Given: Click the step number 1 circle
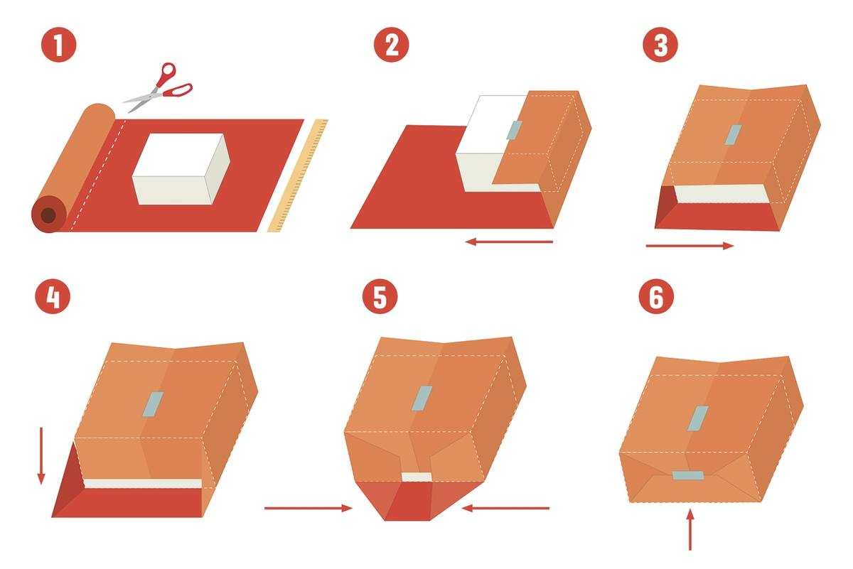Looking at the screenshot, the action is [58, 45].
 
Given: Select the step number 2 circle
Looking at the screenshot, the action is [391, 45].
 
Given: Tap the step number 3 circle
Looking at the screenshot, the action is [660, 45].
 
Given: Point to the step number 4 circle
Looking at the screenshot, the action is [53, 296].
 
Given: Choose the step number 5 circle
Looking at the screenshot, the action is [380, 296].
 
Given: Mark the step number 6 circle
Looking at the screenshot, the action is [656, 296].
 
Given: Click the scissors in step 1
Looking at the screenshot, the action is [158, 87].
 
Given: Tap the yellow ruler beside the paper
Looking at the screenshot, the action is [297, 175].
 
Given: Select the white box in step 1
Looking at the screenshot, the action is [181, 169].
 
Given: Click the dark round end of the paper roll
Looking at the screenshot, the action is [49, 215].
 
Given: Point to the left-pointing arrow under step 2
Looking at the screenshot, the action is [509, 242].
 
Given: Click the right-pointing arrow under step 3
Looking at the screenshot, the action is [690, 246].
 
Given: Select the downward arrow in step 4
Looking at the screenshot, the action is [41, 455].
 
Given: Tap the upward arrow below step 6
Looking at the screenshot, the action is [690, 529].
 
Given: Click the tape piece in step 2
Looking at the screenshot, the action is [514, 130].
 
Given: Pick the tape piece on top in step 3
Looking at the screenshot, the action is [733, 135].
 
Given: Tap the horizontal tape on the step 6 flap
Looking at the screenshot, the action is [688, 475].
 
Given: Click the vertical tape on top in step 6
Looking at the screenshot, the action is [698, 418].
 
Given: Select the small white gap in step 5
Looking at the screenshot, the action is [417, 477].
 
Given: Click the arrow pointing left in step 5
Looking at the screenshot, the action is [505, 508].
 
